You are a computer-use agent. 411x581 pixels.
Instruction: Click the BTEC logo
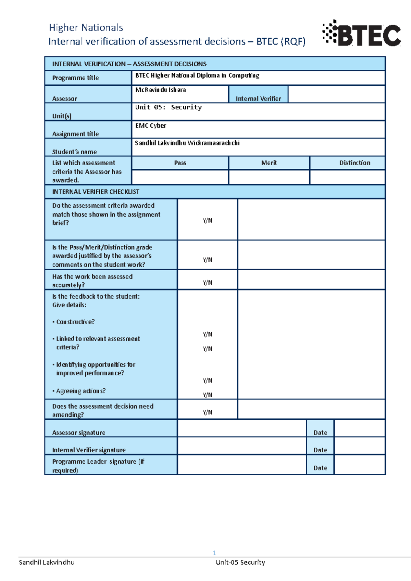[361, 34]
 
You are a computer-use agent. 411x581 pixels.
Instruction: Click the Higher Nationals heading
[86, 27]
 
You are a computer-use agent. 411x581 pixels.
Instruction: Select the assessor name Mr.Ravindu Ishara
[160, 90]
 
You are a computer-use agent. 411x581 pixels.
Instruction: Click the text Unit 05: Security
[168, 107]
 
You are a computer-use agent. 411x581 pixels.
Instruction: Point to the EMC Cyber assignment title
[151, 126]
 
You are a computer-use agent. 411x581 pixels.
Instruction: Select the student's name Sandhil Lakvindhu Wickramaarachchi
[187, 143]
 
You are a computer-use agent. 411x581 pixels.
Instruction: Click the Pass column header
[180, 163]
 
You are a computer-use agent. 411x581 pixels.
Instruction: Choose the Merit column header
[269, 163]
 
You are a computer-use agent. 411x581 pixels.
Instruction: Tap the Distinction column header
[354, 163]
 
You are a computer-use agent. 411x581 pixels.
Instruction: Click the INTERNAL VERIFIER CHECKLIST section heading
[96, 192]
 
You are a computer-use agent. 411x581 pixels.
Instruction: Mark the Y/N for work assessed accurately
[207, 283]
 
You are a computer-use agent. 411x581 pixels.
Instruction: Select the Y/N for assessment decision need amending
[207, 412]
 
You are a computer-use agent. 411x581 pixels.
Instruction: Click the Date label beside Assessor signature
[320, 432]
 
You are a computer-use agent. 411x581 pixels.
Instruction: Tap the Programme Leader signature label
[98, 466]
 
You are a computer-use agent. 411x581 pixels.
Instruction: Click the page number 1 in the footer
[214, 553]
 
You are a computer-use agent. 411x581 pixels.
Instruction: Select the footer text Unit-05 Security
[240, 562]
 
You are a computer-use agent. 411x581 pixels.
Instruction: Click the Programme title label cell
[75, 78]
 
